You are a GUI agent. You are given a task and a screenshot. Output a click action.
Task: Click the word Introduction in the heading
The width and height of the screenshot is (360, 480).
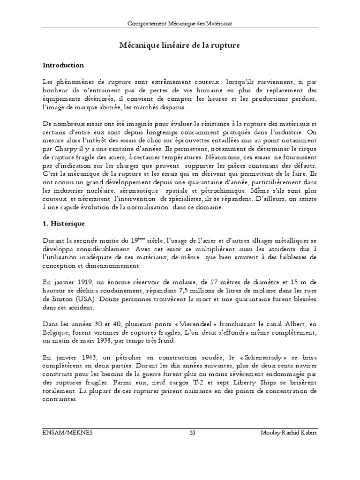click(x=63, y=65)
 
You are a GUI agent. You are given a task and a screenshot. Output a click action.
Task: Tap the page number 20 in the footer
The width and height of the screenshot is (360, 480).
click(x=192, y=433)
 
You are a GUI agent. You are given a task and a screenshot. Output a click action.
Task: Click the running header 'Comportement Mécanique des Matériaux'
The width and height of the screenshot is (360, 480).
click(x=180, y=23)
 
